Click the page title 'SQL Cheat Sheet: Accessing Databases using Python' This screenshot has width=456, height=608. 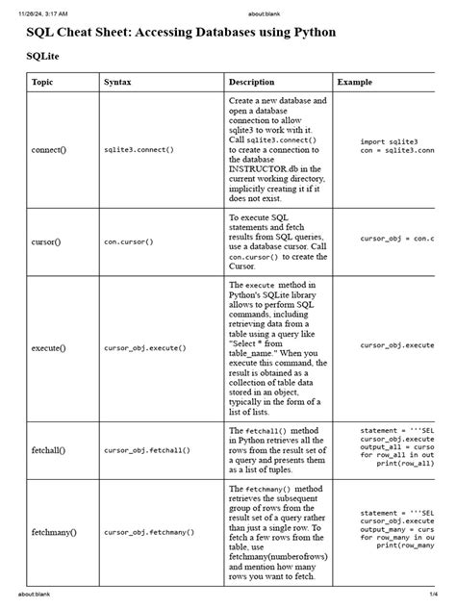coord(182,33)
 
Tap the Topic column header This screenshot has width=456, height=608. coord(42,83)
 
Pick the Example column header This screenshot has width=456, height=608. coord(355,83)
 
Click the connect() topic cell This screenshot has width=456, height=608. coord(48,150)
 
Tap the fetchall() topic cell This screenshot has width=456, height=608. coord(48,449)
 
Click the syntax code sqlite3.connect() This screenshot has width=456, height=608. coord(139,151)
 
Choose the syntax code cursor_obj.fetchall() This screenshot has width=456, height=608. coord(147,449)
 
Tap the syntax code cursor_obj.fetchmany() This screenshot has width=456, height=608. coord(149,531)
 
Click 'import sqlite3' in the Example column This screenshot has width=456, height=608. coord(390,141)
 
